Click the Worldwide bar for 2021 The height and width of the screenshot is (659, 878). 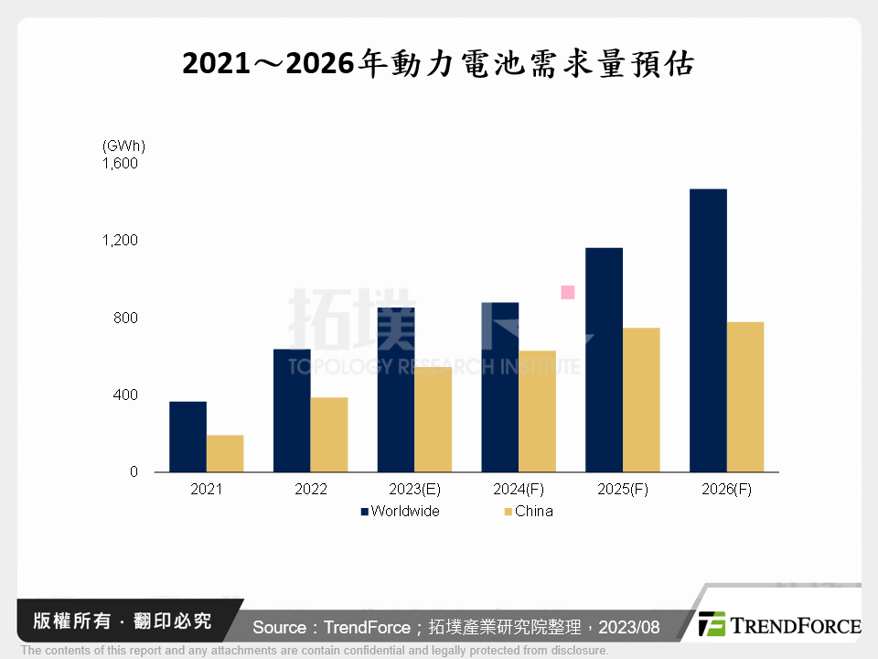pos(187,437)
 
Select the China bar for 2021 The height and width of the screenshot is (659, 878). pos(225,453)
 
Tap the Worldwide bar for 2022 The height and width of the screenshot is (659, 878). pos(292,410)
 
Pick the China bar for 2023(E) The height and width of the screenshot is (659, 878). pos(434,419)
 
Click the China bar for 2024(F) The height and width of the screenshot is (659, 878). pos(538,411)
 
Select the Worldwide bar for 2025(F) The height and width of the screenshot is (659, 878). pos(605,360)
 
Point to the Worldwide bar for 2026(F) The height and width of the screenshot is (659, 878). pos(709,330)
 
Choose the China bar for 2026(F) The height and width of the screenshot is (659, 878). pos(745,396)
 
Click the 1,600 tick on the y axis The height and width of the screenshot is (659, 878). pos(120,164)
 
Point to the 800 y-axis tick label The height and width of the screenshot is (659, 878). pos(126,318)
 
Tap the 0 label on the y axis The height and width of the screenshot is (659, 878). pos(134,472)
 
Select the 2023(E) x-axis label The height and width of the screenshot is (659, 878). pos(415,490)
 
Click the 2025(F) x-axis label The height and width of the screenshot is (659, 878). pos(623,490)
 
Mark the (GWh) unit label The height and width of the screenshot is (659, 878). pos(123,146)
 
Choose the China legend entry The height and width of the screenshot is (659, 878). pos(528,511)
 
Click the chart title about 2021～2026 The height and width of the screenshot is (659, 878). pos(439,65)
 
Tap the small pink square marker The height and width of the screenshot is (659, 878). pos(568,293)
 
